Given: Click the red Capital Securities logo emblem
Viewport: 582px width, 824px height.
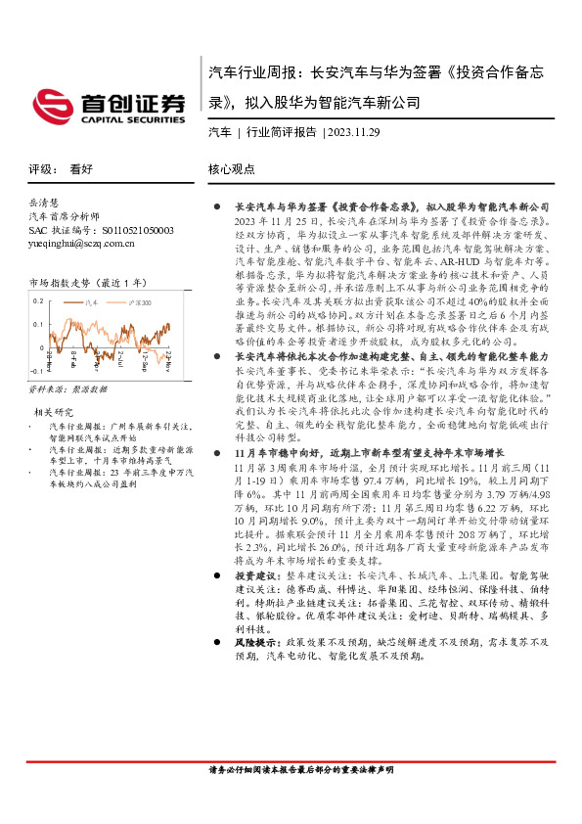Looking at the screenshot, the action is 50,104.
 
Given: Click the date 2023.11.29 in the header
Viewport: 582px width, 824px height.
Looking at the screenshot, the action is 355,132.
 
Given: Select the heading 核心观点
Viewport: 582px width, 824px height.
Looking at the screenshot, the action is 231,168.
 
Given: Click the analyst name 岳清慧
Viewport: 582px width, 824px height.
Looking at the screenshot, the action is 45,201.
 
